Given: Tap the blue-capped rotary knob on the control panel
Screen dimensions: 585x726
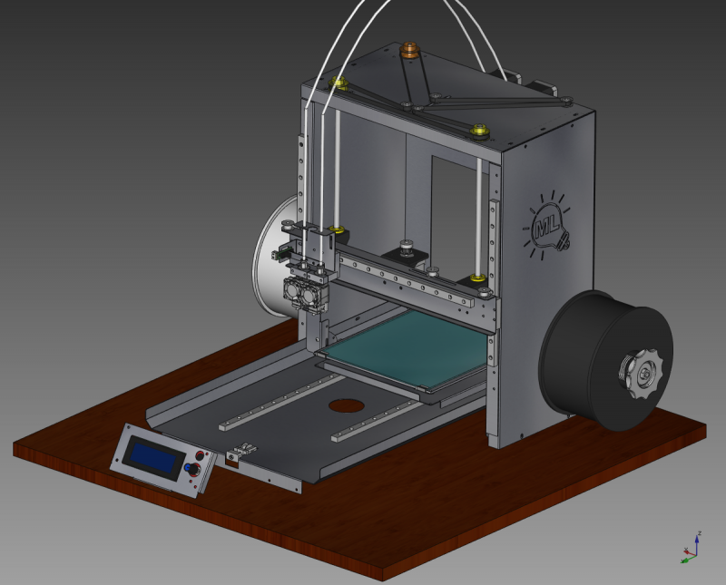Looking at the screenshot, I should pyautogui.click(x=191, y=469).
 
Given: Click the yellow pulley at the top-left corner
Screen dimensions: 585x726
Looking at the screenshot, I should pyautogui.click(x=342, y=84).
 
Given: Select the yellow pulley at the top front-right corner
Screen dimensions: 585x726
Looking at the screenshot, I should pyautogui.click(x=479, y=132).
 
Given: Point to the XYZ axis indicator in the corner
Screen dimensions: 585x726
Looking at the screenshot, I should pyautogui.click(x=691, y=547).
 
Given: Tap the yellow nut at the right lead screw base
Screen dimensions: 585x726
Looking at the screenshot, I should pyautogui.click(x=476, y=276).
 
